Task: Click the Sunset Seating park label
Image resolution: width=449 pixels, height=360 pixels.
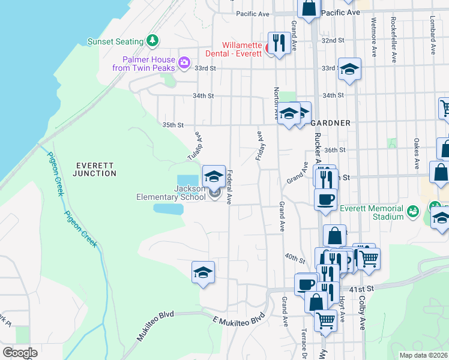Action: tap(115, 41)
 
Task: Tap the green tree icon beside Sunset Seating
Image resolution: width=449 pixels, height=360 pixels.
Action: tap(154, 41)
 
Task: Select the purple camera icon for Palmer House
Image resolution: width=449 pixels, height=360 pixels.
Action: tap(184, 62)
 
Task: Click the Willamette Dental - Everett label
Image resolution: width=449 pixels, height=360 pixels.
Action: tap(232, 49)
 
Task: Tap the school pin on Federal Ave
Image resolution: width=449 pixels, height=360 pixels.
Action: tap(214, 176)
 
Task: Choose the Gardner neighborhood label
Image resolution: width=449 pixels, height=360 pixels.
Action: tap(330, 123)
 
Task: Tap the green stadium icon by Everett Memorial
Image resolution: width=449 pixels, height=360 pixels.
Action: tap(412, 211)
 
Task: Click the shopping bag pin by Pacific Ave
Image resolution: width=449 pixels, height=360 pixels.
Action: tap(309, 9)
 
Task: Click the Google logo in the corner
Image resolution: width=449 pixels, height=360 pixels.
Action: tap(20, 352)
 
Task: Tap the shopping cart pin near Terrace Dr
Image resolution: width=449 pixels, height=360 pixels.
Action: tap(326, 321)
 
